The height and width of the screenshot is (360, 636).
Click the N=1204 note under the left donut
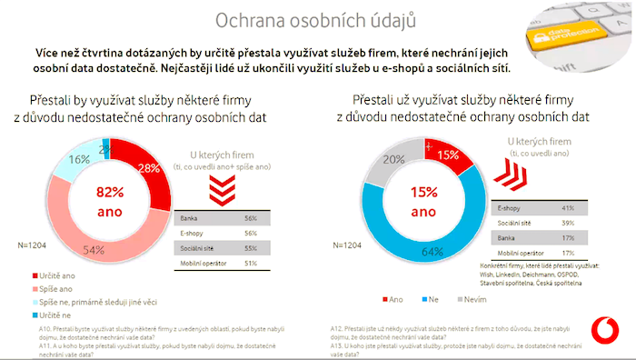point(32,245)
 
